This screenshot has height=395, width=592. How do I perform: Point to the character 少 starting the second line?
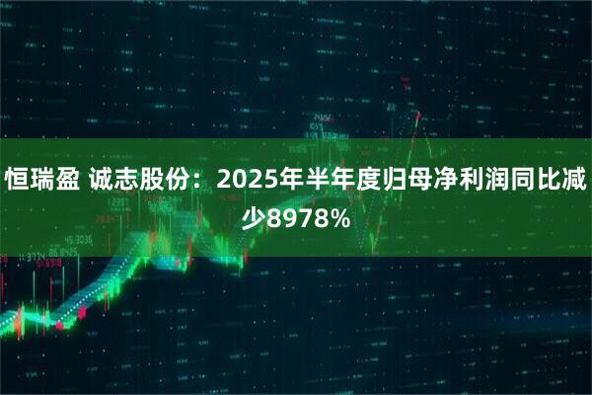(254, 215)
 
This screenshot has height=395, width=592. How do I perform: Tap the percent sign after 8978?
(337, 215)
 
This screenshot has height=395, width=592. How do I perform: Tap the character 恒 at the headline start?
(19, 180)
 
